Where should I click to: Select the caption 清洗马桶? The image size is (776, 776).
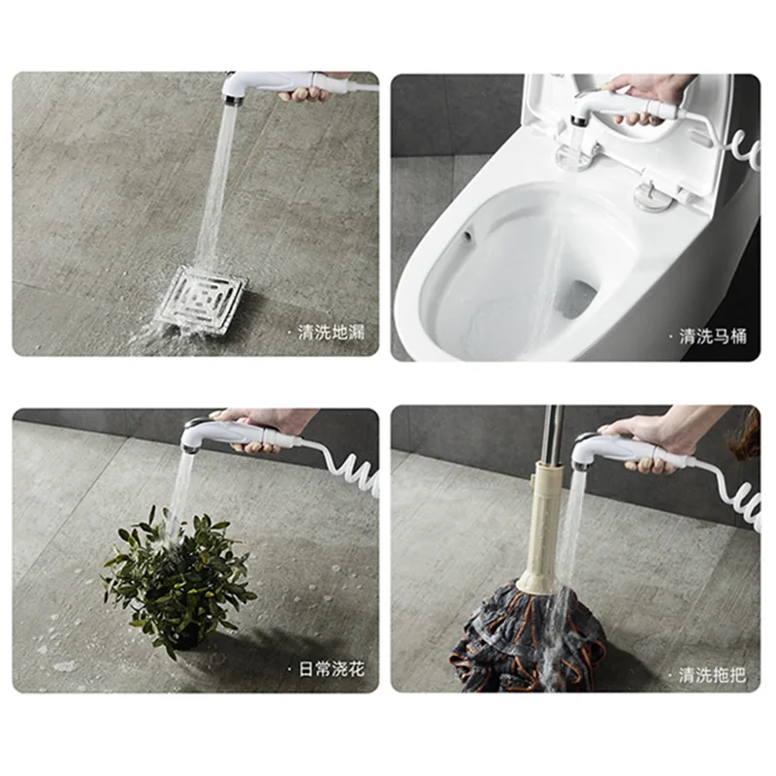click(712, 337)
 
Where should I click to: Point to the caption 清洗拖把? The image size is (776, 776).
click(712, 672)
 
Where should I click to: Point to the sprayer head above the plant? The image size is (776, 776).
click(198, 436)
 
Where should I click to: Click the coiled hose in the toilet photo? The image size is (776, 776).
click(742, 150)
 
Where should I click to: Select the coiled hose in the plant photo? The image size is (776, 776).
click(354, 469)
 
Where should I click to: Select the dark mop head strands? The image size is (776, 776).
click(524, 630)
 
